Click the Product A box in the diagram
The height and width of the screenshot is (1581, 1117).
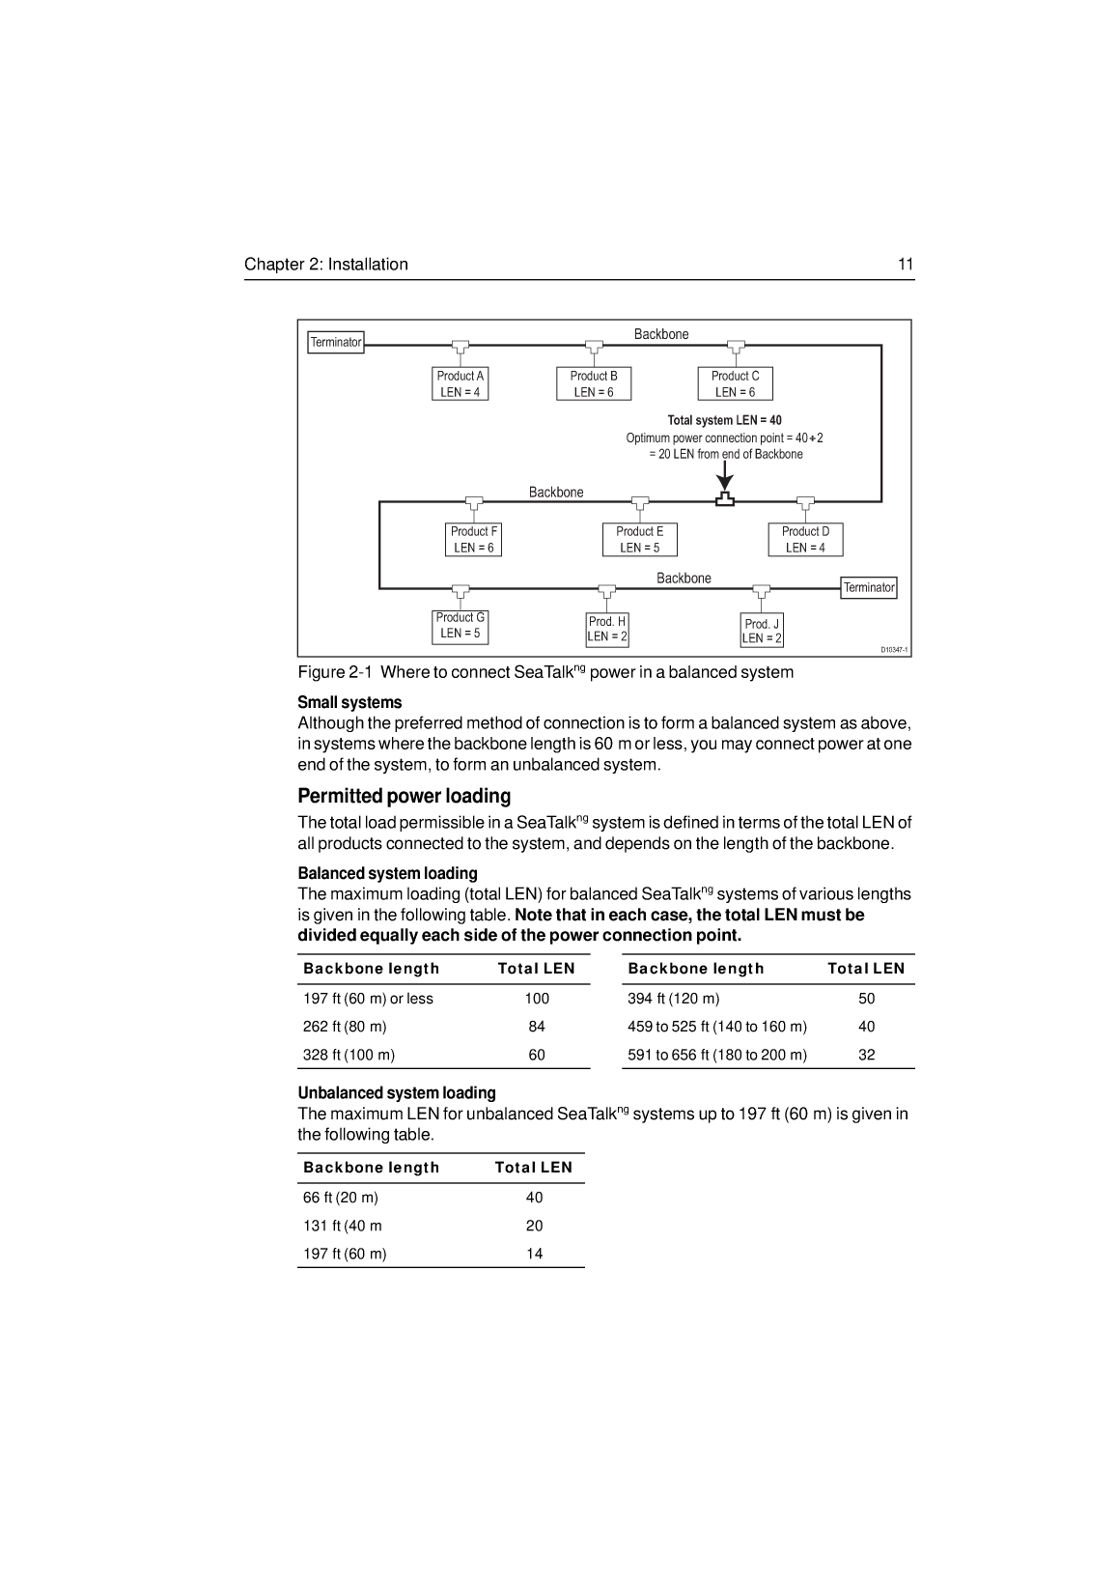(x=460, y=383)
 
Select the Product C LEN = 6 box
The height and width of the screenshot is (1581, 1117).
(x=735, y=383)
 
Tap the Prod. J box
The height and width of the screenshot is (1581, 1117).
(x=762, y=631)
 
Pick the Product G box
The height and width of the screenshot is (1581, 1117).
(x=460, y=625)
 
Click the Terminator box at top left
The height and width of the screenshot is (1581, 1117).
(x=336, y=342)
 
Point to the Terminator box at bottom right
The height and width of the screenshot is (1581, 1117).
(x=869, y=587)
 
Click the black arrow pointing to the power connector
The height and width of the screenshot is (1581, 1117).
(x=725, y=475)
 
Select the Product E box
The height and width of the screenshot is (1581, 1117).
(x=639, y=539)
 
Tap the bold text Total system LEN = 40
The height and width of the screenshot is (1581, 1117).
(x=724, y=420)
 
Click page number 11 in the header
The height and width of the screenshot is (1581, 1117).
(x=906, y=265)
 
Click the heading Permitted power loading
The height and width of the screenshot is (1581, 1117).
(x=404, y=796)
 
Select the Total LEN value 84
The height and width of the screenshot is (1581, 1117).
(x=537, y=1027)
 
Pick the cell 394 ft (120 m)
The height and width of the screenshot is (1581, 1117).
(x=673, y=999)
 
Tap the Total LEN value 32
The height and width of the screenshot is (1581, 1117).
(x=866, y=1055)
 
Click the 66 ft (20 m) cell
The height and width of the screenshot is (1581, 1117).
(x=341, y=1198)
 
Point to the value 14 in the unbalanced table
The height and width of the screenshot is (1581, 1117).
(x=534, y=1254)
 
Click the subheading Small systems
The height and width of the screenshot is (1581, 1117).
(x=349, y=702)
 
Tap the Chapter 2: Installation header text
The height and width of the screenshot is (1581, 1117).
(x=326, y=265)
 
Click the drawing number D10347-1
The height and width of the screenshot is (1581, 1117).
(x=894, y=650)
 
